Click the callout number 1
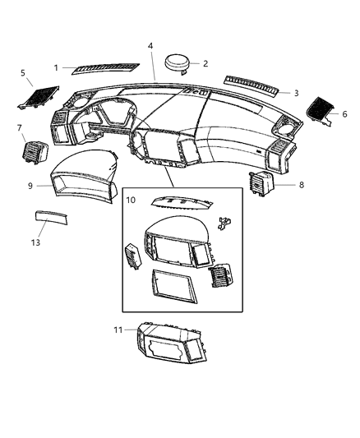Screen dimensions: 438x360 point(57,67)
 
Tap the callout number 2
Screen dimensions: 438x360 point(205,63)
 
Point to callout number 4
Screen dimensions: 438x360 point(150,46)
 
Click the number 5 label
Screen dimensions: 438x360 point(23,72)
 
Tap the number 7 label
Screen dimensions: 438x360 point(19,128)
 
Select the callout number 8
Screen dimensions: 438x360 point(301,185)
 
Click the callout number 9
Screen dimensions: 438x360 point(30,186)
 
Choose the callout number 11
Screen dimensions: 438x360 point(118,330)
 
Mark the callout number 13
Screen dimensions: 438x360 point(35,242)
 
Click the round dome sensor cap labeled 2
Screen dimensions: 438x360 point(178,62)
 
